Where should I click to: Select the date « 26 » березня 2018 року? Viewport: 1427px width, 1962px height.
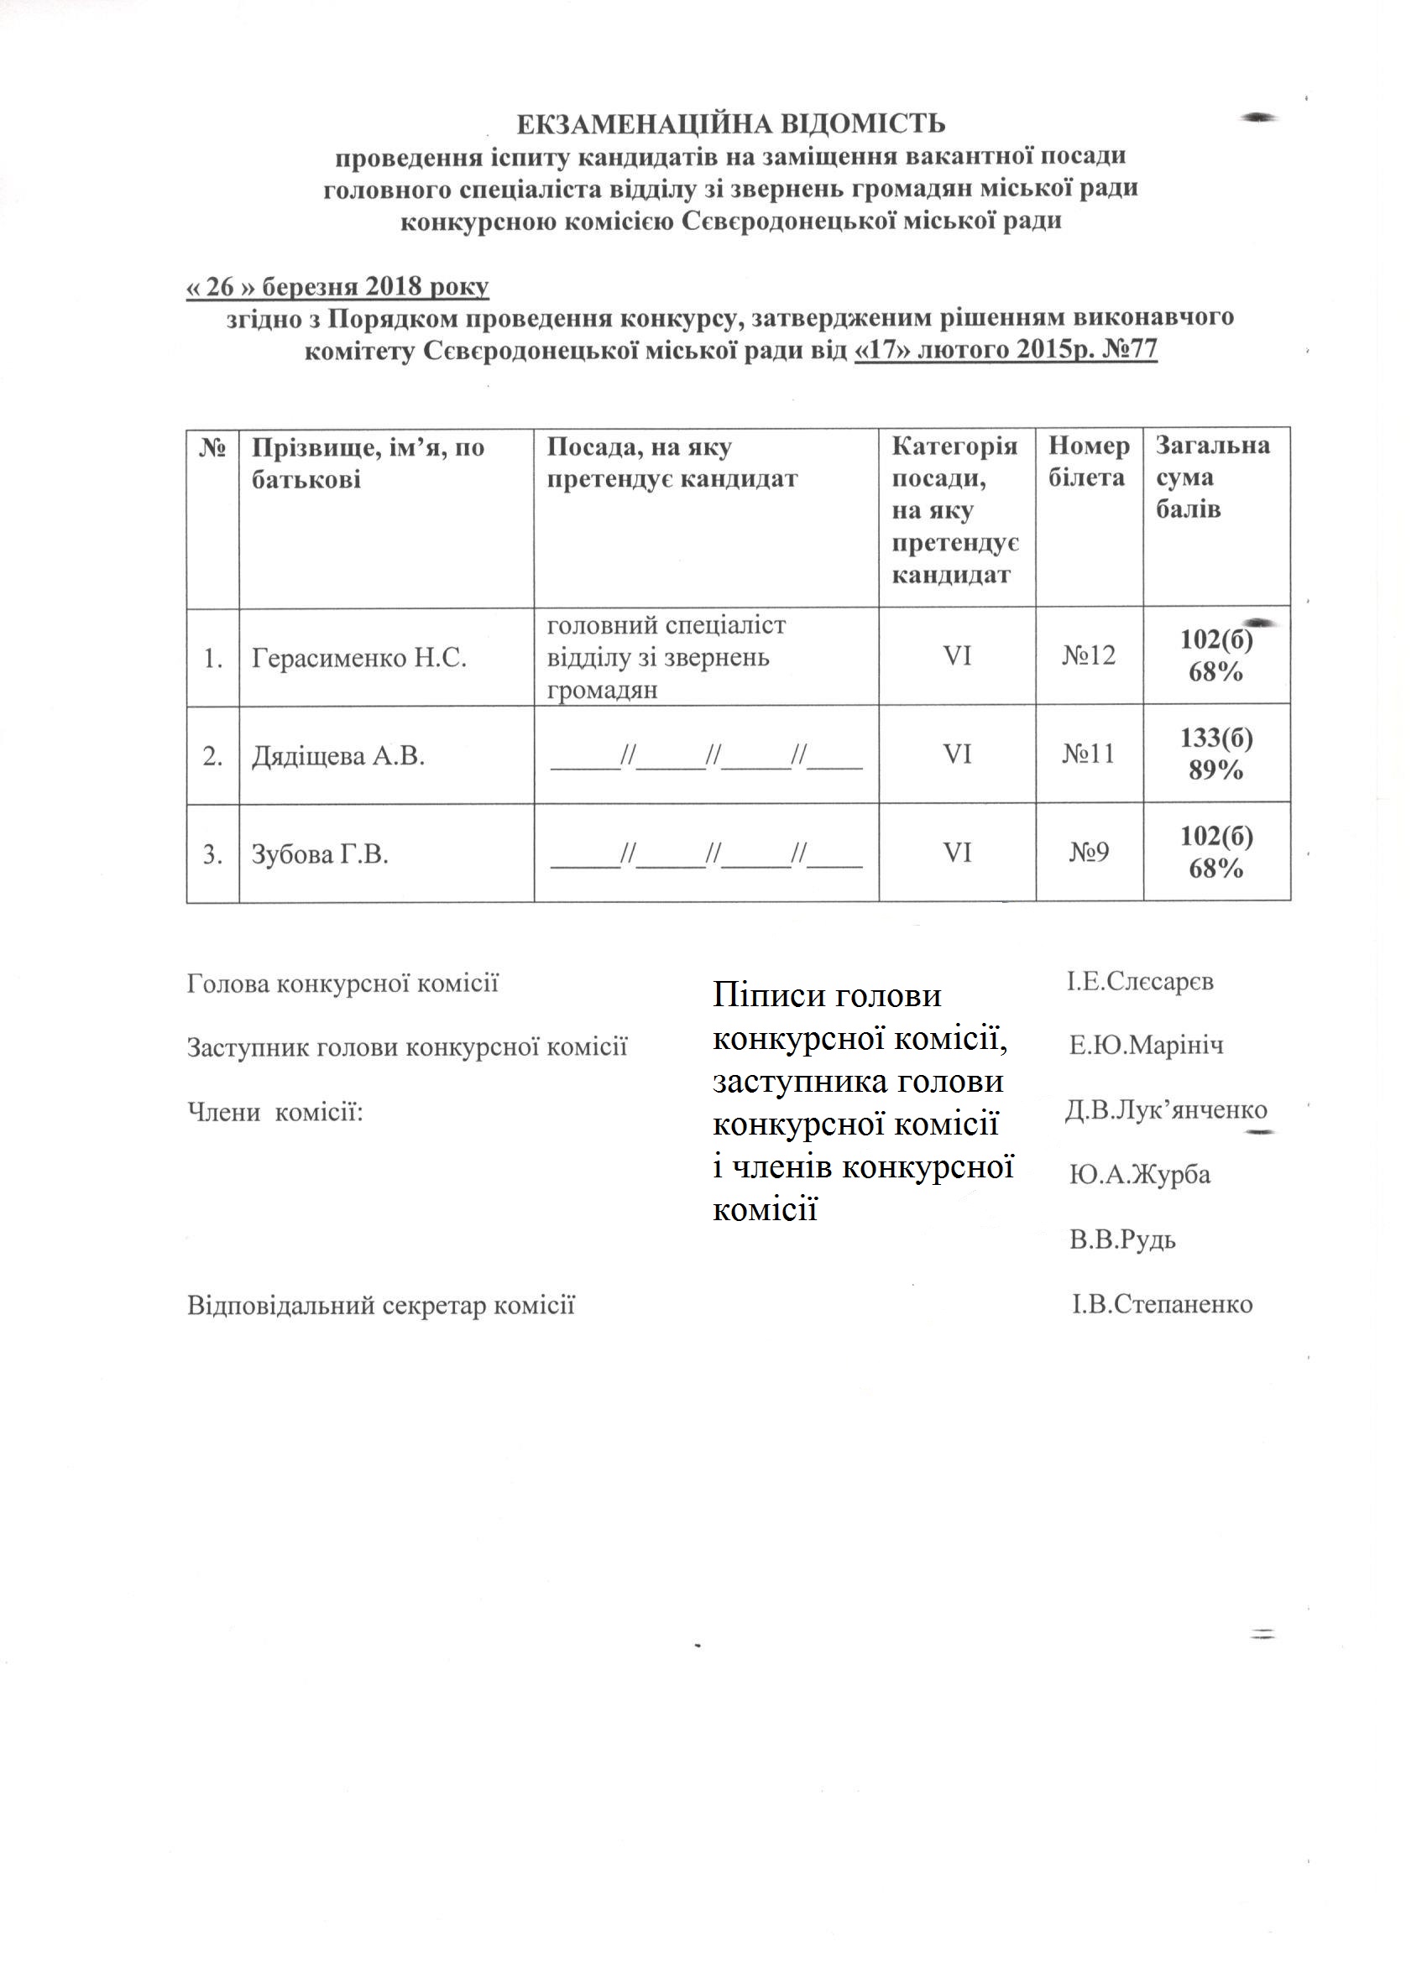coord(337,286)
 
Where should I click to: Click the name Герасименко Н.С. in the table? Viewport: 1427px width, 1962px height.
coord(359,660)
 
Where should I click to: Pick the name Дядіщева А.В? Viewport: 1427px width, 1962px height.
coord(337,757)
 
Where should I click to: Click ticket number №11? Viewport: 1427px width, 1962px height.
coord(1089,755)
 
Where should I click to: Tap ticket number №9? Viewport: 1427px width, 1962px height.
coord(1089,853)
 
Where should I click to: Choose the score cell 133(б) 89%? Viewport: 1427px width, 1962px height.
coord(1215,754)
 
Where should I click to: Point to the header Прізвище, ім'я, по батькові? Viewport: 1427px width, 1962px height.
coord(368,464)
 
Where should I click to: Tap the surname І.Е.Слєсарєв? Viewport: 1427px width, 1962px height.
coord(1140,982)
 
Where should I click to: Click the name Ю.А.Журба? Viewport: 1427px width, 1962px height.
coord(1140,1175)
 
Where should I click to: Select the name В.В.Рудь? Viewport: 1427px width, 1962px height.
coord(1122,1240)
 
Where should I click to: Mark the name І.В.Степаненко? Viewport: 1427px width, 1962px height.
coord(1163,1305)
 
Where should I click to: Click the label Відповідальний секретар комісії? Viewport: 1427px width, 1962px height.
coord(381,1306)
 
